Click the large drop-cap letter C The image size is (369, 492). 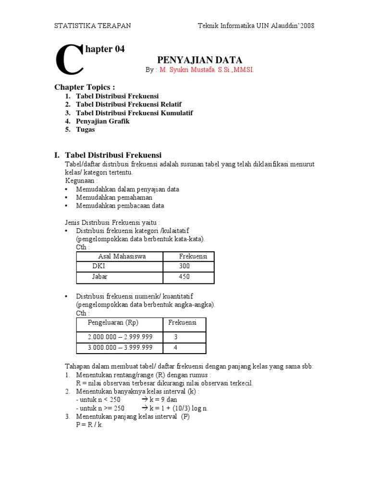[69, 60]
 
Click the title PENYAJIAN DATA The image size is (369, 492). [199, 60]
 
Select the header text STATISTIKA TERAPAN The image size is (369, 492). [92, 25]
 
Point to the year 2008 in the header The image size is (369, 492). [307, 25]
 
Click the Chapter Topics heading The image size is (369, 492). [85, 87]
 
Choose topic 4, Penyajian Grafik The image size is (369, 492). [102, 121]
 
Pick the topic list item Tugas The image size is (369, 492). [85, 129]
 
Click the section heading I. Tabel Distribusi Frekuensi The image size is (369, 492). [108, 155]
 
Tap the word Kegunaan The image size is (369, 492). [81, 181]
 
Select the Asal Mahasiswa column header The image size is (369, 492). [122, 257]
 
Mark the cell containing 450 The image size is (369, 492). [184, 277]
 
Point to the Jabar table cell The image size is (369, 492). [100, 277]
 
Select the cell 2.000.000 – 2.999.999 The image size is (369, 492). [120, 337]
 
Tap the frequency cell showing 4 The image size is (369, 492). [176, 348]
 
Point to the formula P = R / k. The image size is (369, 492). [90, 425]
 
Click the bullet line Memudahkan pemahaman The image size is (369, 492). [114, 197]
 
